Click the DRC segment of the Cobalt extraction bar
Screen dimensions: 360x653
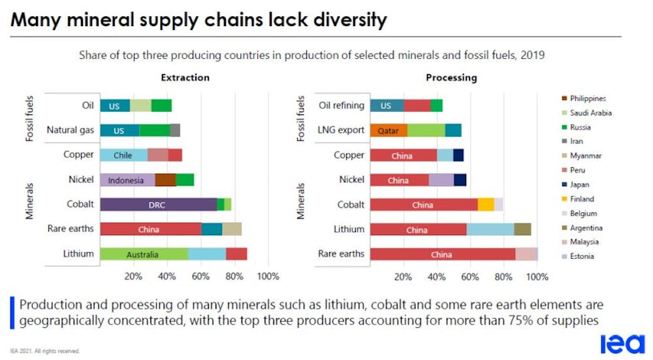(x=158, y=205)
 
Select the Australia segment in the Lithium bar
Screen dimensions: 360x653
(x=144, y=254)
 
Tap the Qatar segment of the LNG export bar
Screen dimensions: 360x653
(x=388, y=130)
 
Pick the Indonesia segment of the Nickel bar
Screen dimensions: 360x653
(x=127, y=180)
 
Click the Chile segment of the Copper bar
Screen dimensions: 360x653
(x=123, y=155)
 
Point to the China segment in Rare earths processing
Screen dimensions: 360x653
(x=442, y=254)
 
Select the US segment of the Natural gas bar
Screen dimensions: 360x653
(x=119, y=130)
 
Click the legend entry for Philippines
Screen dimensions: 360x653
(x=588, y=99)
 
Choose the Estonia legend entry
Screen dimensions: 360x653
(x=582, y=256)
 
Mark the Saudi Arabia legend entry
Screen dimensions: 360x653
(x=590, y=113)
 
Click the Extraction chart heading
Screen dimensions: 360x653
(x=185, y=77)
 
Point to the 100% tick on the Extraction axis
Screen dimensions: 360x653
(x=268, y=276)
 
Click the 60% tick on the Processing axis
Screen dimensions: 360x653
(x=470, y=276)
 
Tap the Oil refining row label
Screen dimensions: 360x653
(x=342, y=105)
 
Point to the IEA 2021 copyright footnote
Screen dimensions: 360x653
(x=45, y=351)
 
